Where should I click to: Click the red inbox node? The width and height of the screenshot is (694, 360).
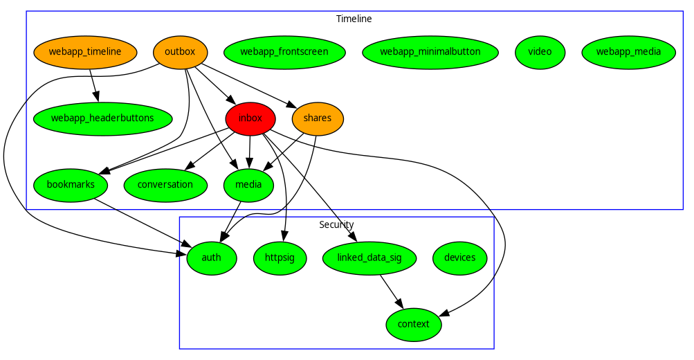pos(250,118)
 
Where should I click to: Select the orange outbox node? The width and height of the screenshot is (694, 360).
pos(180,52)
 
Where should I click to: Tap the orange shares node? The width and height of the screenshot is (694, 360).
pos(318,118)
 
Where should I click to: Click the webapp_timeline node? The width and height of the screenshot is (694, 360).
pos(85,52)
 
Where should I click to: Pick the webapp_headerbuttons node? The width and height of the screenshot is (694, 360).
pos(102,118)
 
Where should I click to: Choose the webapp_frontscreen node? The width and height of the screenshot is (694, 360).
pos(284,52)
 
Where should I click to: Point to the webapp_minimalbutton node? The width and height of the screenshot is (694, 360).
pos(430,52)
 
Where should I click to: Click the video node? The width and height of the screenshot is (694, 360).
pos(540,52)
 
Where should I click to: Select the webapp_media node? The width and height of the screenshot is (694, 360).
pos(628,52)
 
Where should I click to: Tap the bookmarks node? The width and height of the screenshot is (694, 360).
pos(71,185)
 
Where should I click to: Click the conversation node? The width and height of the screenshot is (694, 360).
pos(165,185)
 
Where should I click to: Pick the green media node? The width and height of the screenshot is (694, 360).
pos(249,185)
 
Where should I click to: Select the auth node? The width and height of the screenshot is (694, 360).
pos(212,258)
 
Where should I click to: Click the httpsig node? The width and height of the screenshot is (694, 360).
pos(280,258)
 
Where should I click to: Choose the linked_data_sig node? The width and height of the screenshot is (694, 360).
pos(370,258)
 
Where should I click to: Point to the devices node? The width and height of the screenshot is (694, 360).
pos(460,258)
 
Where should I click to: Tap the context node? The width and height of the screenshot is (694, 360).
pos(414,324)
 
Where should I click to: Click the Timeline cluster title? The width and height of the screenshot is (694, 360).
pos(354,19)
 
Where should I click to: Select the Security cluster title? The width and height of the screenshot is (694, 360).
pos(336,224)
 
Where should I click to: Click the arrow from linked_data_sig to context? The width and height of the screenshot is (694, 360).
pos(391,291)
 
